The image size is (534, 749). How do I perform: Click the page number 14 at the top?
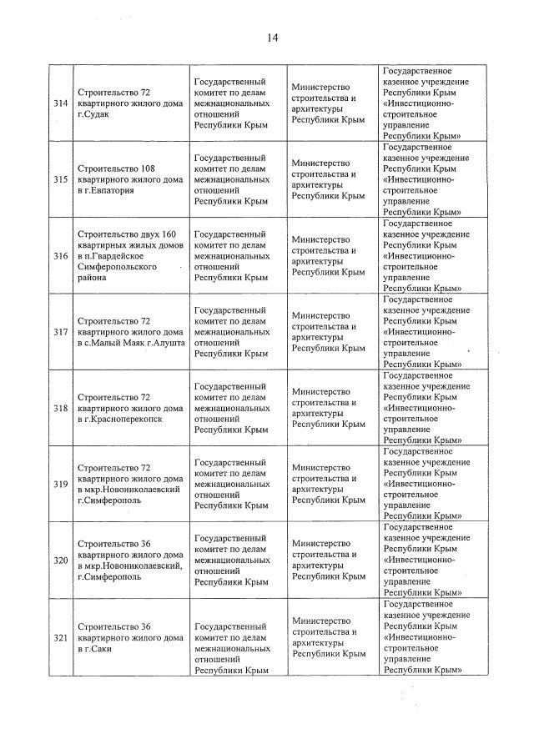point(272,38)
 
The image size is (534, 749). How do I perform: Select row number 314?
point(60,103)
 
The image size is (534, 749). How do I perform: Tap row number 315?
point(60,179)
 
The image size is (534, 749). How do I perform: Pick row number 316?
point(60,255)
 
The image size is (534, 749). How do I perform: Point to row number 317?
point(60,332)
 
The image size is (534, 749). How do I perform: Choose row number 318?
point(60,408)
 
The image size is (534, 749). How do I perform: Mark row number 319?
point(60,485)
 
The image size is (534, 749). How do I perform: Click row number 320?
point(60,560)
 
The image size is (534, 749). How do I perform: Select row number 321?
point(60,637)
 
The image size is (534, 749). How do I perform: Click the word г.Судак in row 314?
point(93,114)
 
